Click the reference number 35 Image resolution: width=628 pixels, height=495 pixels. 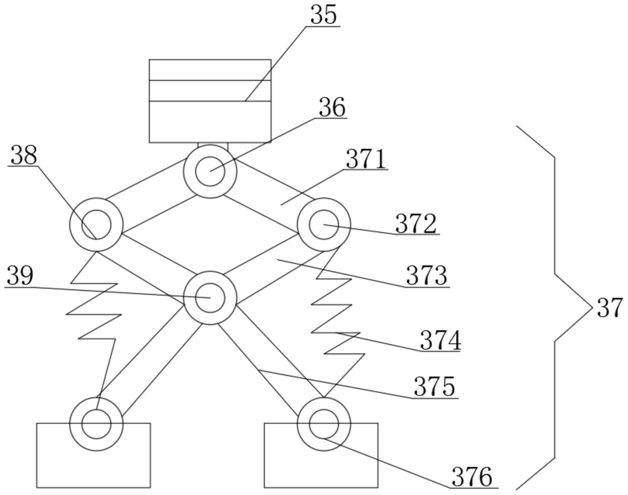(x=323, y=15)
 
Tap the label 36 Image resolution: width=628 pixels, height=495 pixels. (x=332, y=107)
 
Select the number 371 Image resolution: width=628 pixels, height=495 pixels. (x=366, y=159)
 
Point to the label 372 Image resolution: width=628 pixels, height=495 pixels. (x=416, y=224)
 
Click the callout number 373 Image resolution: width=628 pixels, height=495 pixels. (x=426, y=276)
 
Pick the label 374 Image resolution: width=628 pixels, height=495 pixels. (x=440, y=340)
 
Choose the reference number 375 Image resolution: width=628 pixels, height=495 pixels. (x=435, y=387)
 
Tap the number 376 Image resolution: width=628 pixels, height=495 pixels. (x=472, y=477)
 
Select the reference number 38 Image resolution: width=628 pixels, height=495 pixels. (x=24, y=155)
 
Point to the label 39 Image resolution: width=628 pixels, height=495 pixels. (x=20, y=276)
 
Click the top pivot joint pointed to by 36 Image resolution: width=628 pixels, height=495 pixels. (x=210, y=171)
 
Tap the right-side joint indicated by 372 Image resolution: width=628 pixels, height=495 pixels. (x=324, y=225)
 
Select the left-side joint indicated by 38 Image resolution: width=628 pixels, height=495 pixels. (x=96, y=225)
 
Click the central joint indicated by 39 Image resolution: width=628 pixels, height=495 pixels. (x=210, y=298)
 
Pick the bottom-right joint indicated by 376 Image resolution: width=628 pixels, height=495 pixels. (x=324, y=424)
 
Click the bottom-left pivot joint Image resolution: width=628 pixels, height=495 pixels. (x=96, y=424)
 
